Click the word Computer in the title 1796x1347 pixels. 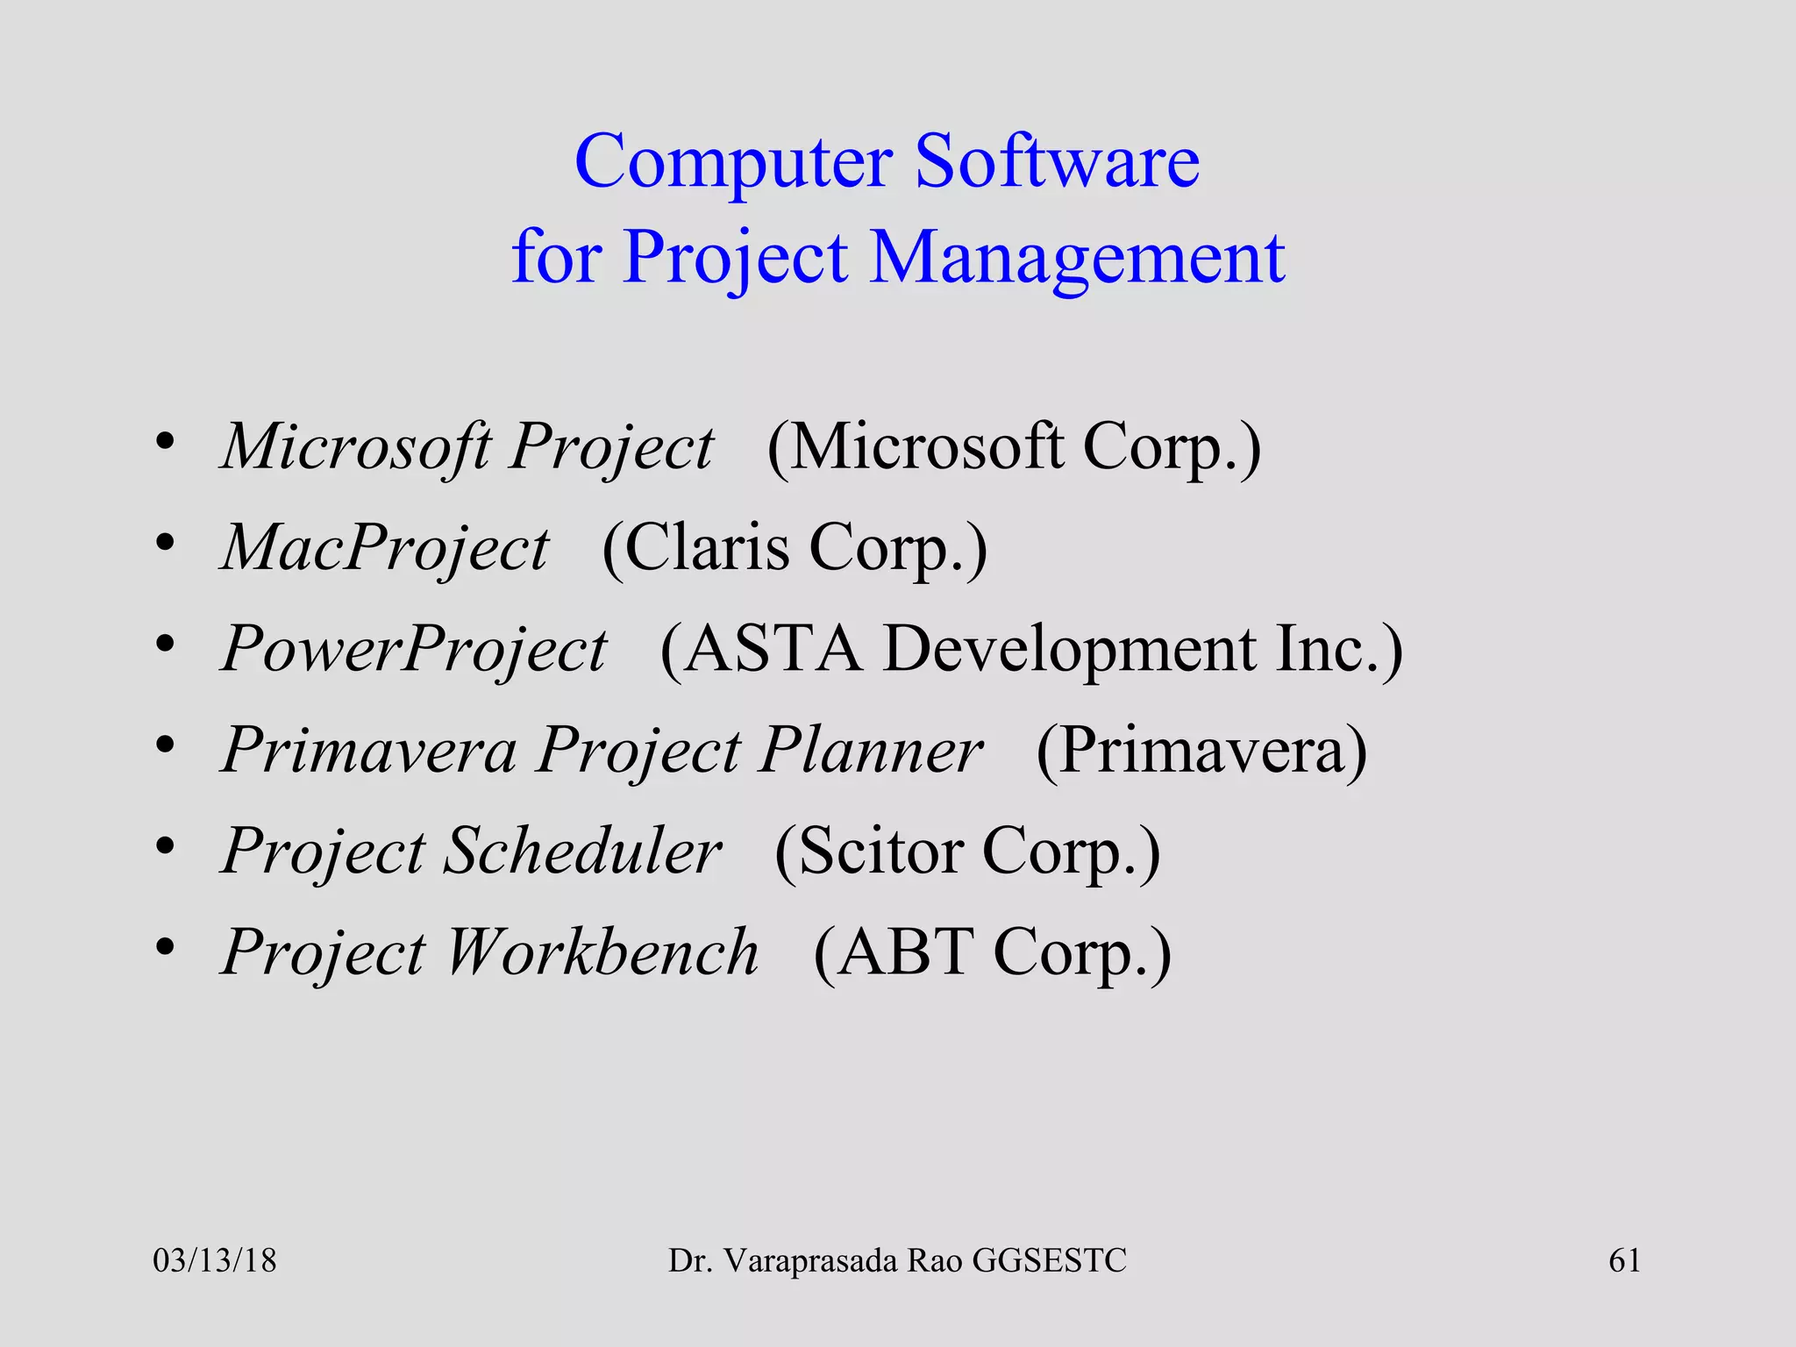(x=733, y=164)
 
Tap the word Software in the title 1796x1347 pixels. (x=1057, y=162)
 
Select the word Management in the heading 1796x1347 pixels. (x=1077, y=259)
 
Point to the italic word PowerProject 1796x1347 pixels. (x=413, y=650)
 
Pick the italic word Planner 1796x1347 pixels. (x=871, y=751)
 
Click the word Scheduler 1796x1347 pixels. (x=582, y=852)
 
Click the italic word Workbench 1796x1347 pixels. (x=602, y=952)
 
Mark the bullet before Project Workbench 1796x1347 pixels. (x=165, y=948)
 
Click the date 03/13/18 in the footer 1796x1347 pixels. (x=214, y=1261)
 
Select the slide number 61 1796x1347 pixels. (x=1624, y=1261)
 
